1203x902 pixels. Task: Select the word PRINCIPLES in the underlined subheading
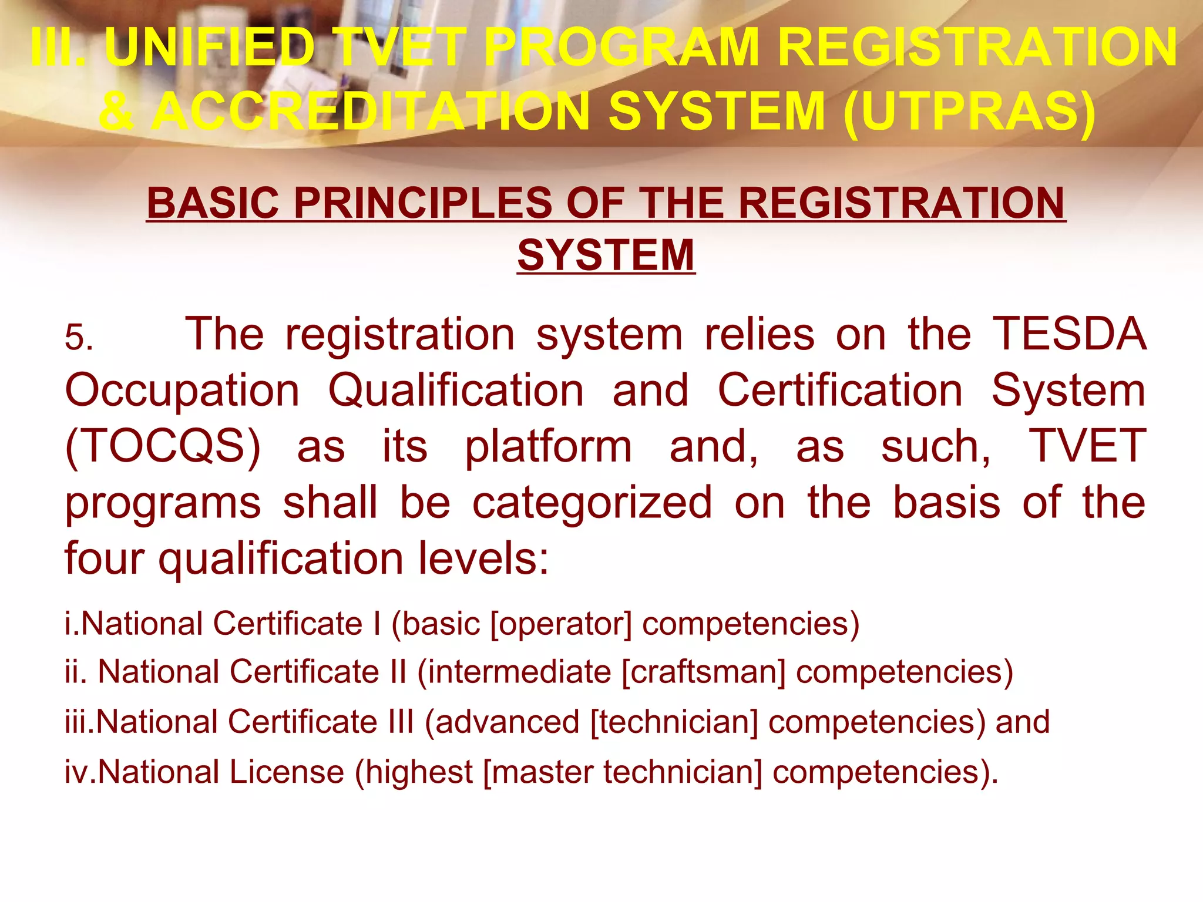point(423,203)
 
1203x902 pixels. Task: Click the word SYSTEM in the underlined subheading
point(606,255)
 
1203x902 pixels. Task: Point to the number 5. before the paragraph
point(79,338)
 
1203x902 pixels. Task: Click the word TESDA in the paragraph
point(1069,334)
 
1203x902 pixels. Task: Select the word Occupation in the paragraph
point(182,391)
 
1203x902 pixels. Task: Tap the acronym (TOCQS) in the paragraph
point(163,446)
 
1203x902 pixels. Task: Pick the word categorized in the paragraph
point(592,503)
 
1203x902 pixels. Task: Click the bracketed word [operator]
point(561,624)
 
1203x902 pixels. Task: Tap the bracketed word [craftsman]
point(703,672)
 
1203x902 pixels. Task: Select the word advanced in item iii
point(508,722)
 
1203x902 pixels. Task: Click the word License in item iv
point(287,772)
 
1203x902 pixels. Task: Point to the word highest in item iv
point(419,772)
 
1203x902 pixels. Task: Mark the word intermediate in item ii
point(519,672)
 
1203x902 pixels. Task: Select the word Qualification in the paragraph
point(456,391)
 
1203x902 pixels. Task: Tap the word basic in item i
point(441,624)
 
